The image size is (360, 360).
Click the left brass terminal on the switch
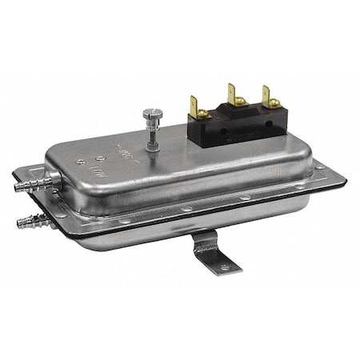coord(194,102)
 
